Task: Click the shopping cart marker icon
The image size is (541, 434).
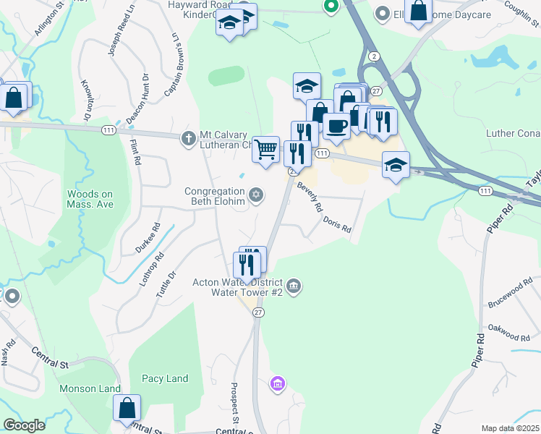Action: (x=266, y=149)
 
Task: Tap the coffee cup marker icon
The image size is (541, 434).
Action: (x=336, y=125)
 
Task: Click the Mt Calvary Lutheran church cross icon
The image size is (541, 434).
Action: (x=188, y=137)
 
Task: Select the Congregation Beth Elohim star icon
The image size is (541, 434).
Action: (x=255, y=195)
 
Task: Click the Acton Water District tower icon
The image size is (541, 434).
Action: (x=294, y=287)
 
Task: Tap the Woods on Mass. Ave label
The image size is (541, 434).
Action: (x=90, y=199)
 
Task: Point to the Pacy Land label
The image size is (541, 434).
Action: (x=165, y=378)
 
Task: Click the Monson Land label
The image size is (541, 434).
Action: (x=90, y=388)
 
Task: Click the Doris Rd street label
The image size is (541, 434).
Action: (x=337, y=224)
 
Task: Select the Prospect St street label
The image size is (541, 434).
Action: (x=235, y=404)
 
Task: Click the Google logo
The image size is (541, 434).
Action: (x=24, y=425)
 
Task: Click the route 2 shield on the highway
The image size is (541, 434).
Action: (x=372, y=56)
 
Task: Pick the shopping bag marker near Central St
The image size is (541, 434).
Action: (x=127, y=408)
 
